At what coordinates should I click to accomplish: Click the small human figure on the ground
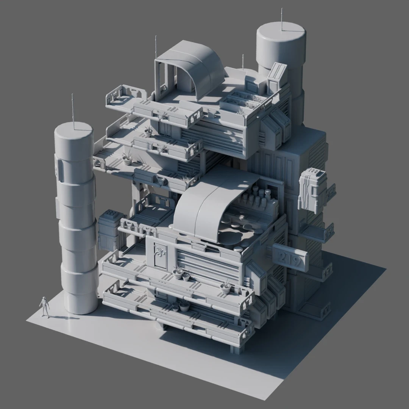tap(45, 307)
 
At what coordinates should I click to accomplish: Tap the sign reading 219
tap(290, 258)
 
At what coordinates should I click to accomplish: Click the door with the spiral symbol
tap(160, 255)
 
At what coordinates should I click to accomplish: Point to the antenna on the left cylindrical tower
tap(73, 112)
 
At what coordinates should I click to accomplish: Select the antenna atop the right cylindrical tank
tap(282, 20)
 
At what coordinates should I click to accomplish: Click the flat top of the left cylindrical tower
tap(73, 130)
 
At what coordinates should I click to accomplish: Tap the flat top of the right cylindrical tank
tap(281, 31)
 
